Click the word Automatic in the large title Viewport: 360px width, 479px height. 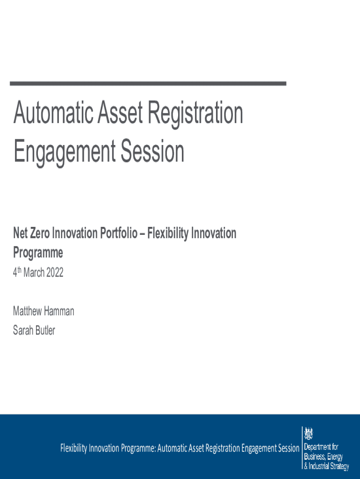click(53, 112)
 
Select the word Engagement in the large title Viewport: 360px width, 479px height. click(65, 152)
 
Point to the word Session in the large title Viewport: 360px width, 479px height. click(153, 151)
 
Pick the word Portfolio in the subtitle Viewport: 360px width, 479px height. click(119, 234)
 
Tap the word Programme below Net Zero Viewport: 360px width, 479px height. click(38, 253)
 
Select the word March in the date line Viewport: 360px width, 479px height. click(34, 273)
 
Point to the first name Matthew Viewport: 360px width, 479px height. click(27, 311)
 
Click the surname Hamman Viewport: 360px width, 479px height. click(59, 311)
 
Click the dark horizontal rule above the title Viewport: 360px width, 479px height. click(148, 83)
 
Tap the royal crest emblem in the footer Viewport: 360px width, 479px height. click(309, 434)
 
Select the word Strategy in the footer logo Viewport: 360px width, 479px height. click(339, 467)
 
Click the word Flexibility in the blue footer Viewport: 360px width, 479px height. click(73, 449)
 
